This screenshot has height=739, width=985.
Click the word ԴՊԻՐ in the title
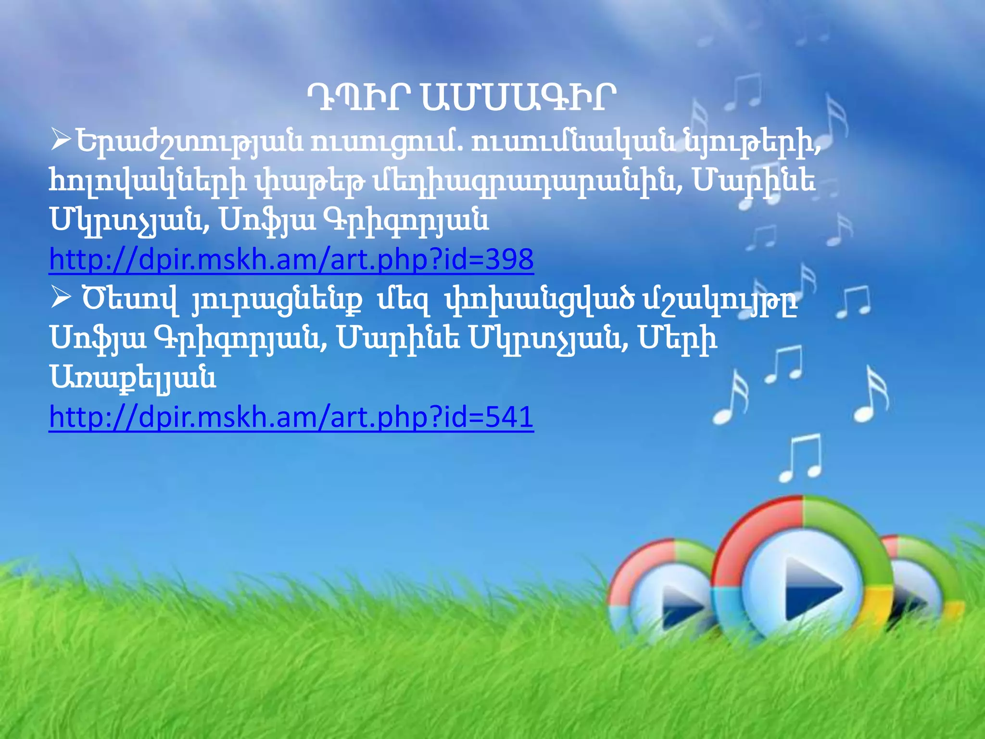(358, 99)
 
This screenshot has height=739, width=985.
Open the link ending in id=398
(291, 260)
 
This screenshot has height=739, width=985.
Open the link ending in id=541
(291, 417)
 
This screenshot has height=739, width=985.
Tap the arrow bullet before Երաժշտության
(61, 140)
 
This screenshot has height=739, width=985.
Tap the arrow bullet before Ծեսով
(61, 298)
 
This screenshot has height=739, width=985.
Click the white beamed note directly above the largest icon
(801, 457)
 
